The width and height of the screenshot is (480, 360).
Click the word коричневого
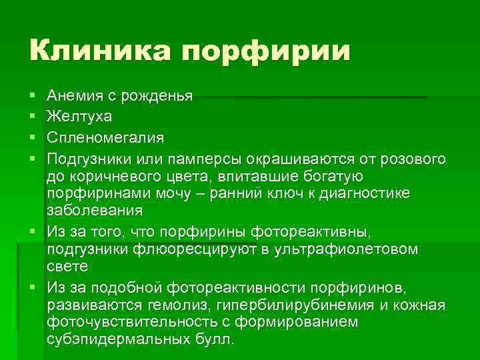pos(107,177)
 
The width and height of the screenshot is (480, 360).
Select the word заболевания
pos(95,210)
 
